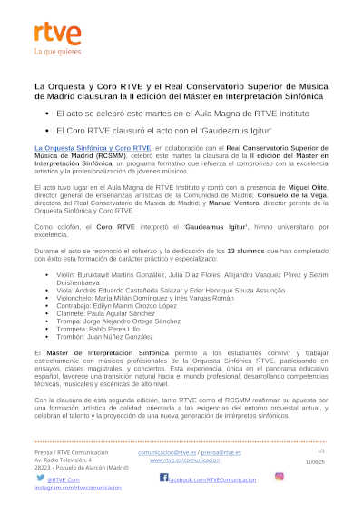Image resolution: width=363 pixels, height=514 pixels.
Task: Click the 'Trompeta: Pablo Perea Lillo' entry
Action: (x=109, y=329)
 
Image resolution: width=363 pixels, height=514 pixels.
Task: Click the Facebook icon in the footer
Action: (x=164, y=477)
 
